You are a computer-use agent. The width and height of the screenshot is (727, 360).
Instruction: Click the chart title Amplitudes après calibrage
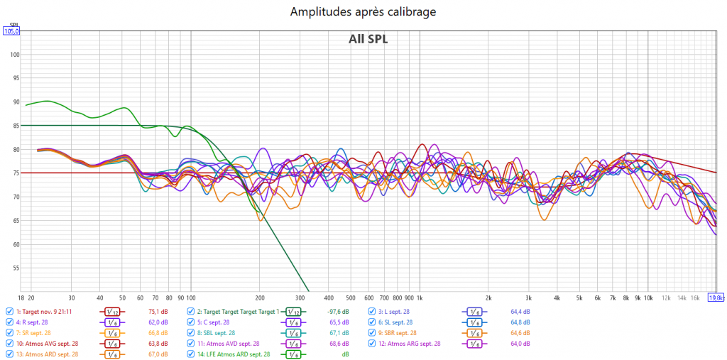pyautogui.click(x=363, y=11)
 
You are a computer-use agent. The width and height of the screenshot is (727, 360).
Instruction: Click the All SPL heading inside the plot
pyautogui.click(x=368, y=39)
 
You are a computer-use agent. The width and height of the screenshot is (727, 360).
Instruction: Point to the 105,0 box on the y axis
pyautogui.click(x=11, y=31)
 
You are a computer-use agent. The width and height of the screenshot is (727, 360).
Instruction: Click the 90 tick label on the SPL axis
pyautogui.click(x=14, y=102)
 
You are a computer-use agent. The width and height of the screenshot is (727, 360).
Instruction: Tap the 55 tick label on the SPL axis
pyautogui.click(x=14, y=268)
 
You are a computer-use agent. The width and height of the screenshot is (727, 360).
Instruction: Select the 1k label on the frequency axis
pyautogui.click(x=420, y=298)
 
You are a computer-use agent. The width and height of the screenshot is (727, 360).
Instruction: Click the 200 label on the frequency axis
pyautogui.click(x=260, y=298)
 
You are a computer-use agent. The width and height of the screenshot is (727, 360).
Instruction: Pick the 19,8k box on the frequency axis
pyautogui.click(x=716, y=298)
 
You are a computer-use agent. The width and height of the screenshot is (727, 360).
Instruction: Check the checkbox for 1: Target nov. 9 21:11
pyautogui.click(x=9, y=311)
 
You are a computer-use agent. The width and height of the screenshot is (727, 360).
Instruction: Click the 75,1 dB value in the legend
pyautogui.click(x=157, y=311)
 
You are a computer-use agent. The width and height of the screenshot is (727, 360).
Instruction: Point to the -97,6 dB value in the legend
pyautogui.click(x=338, y=311)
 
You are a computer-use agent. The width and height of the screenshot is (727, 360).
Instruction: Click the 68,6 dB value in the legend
pyautogui.click(x=340, y=343)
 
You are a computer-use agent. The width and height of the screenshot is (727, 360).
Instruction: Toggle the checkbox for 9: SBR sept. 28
pyautogui.click(x=371, y=332)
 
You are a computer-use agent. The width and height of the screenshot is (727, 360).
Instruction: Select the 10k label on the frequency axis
pyautogui.click(x=647, y=298)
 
